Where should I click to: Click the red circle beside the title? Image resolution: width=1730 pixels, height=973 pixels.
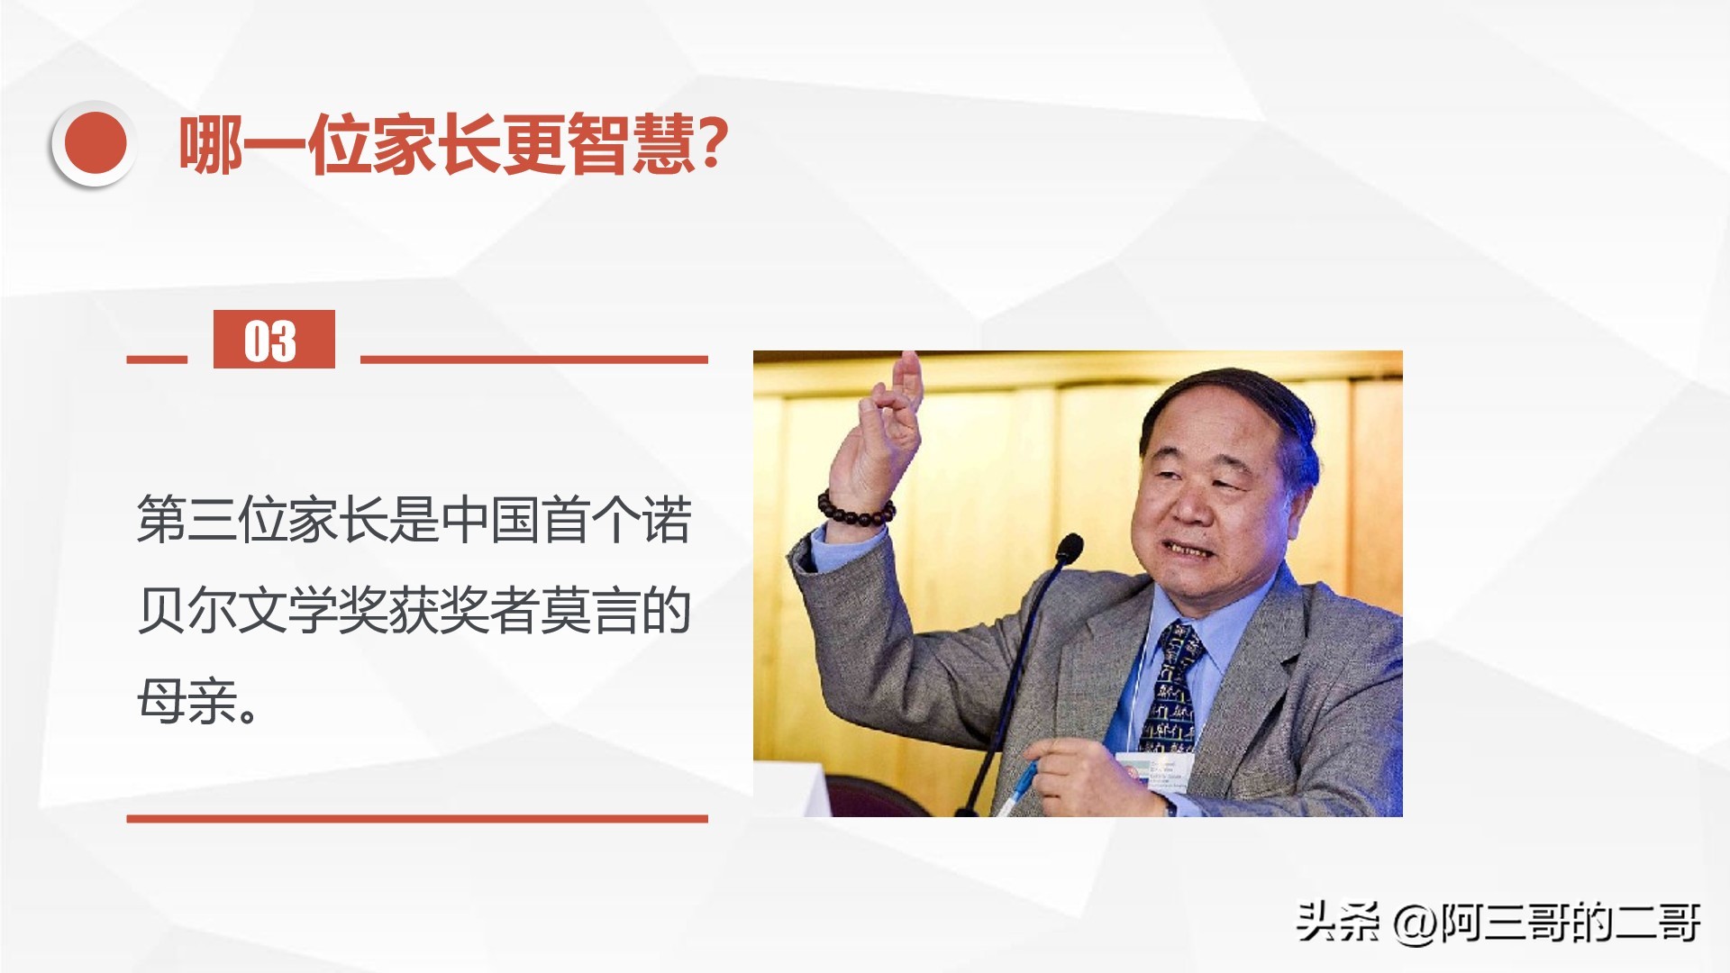coord(94,144)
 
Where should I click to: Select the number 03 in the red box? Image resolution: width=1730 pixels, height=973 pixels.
coord(270,341)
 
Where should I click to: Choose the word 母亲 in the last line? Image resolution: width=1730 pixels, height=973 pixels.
coord(187,701)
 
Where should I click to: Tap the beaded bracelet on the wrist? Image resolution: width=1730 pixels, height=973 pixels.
coord(856,510)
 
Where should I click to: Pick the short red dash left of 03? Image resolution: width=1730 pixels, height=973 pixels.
coord(157,359)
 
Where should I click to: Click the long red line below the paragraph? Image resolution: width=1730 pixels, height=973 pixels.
coord(417,819)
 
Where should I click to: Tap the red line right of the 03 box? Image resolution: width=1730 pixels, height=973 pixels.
coord(534,359)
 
